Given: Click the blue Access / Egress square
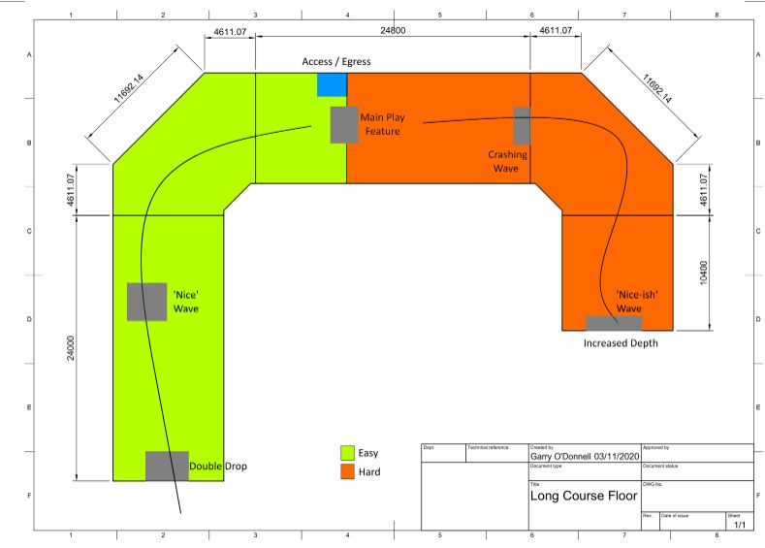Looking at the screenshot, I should tap(332, 84).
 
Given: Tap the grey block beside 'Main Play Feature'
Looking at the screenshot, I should tap(344, 124).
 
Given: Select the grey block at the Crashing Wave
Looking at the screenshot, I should tap(523, 125).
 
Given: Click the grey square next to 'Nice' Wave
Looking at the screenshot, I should tap(147, 301).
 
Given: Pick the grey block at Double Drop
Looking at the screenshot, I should tap(167, 466).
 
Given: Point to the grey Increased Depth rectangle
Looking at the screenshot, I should tap(614, 323).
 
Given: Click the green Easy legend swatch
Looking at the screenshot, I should tap(346, 453).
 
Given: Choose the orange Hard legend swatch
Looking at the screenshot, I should tap(346, 472).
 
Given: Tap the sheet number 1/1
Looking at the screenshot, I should tap(739, 524).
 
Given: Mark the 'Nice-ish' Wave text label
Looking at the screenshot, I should tap(629, 302).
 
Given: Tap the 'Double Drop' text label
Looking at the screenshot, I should tap(218, 467).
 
